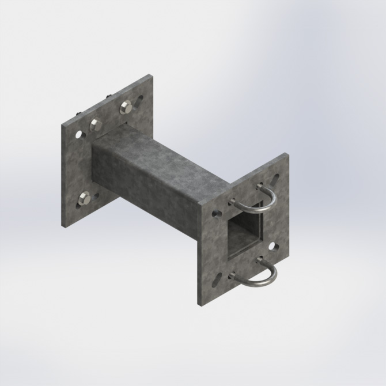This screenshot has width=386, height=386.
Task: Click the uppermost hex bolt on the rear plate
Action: point(126,106)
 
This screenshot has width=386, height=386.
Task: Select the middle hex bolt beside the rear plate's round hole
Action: point(96,124)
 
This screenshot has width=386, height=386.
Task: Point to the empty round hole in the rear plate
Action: point(78,135)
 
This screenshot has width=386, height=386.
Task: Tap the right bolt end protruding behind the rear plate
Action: point(107,97)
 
